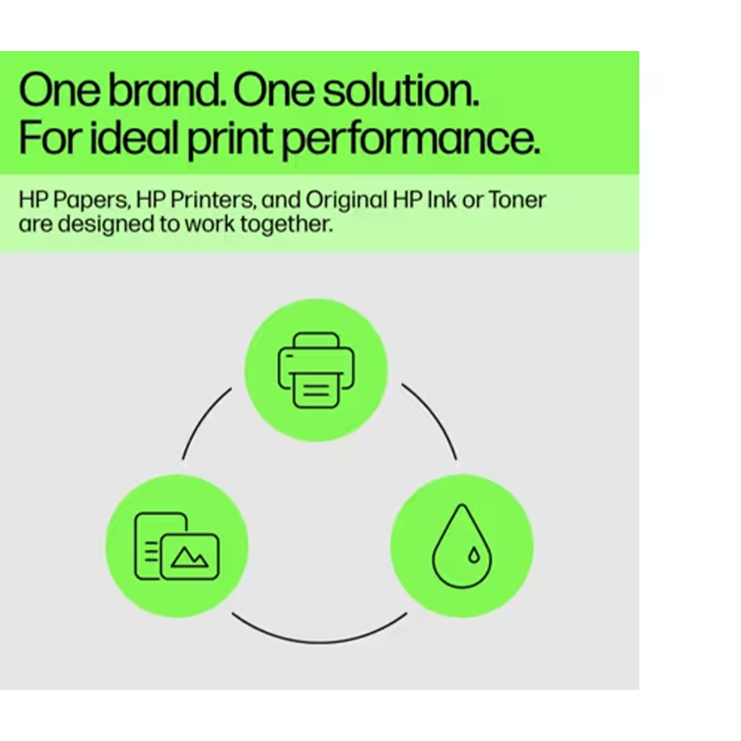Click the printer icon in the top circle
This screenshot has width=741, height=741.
tap(316, 370)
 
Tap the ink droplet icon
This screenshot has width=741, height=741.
tap(462, 546)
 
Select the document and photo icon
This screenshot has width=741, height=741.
tap(177, 546)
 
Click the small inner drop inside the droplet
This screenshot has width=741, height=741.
tap(473, 555)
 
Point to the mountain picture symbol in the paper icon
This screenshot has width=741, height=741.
tap(190, 558)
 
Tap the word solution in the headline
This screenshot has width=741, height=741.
tap(401, 90)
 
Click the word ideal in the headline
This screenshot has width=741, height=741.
tap(133, 137)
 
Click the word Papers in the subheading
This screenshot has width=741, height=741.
tap(91, 201)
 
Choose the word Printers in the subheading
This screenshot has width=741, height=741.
tap(213, 200)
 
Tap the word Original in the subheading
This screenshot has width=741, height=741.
tap(345, 201)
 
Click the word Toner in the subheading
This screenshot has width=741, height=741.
tap(517, 200)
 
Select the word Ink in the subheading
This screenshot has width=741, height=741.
tap(442, 200)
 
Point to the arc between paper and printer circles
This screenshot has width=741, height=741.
tap(202, 419)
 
